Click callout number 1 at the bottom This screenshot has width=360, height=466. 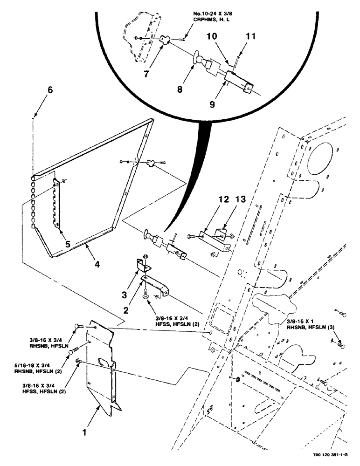[84, 432]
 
